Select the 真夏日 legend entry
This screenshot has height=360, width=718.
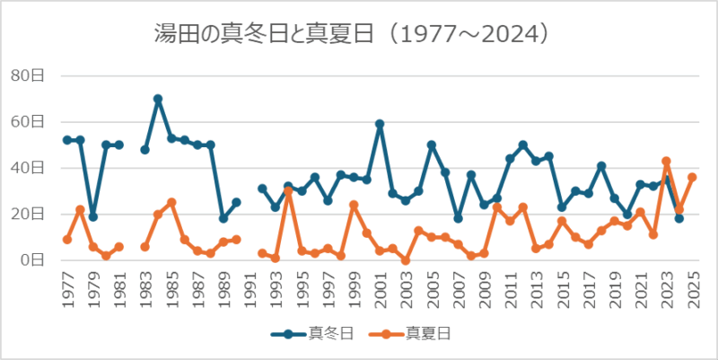[414, 333]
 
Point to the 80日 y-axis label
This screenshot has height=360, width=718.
[27, 75]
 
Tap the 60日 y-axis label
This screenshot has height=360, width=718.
[27, 122]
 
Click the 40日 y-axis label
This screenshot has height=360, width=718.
[27, 168]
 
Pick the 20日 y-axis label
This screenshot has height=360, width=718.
[27, 214]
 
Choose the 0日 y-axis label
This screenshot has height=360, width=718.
[31, 260]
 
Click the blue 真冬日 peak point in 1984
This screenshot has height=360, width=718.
[158, 99]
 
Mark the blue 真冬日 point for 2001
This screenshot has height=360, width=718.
[380, 124]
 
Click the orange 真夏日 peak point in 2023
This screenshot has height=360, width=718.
[666, 162]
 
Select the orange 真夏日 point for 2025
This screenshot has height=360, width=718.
[692, 177]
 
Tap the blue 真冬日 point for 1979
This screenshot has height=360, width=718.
[93, 216]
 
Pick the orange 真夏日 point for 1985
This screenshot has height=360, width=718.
[171, 202]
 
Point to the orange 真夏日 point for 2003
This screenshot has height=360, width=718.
[406, 260]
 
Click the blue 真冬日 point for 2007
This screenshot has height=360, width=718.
[458, 218]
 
